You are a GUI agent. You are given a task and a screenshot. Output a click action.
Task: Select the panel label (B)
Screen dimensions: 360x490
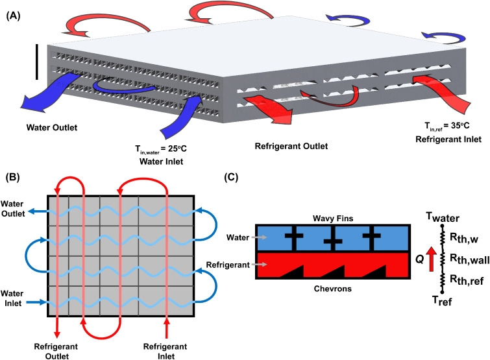coord(14,177)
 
